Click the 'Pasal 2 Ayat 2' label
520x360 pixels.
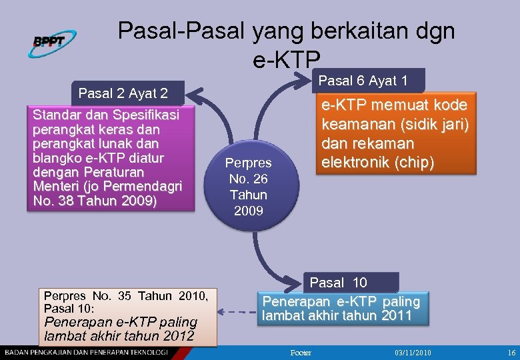(123, 93)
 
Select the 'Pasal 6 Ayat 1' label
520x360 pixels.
(364, 81)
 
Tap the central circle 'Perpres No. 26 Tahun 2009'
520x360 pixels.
(247, 187)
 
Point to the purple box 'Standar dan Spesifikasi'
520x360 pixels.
(110, 158)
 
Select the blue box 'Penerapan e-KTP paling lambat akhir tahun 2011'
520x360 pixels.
(341, 308)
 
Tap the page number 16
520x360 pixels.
(511, 353)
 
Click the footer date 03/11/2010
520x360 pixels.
(413, 353)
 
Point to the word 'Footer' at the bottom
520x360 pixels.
(301, 353)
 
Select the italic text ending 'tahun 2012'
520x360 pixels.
(119, 329)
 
